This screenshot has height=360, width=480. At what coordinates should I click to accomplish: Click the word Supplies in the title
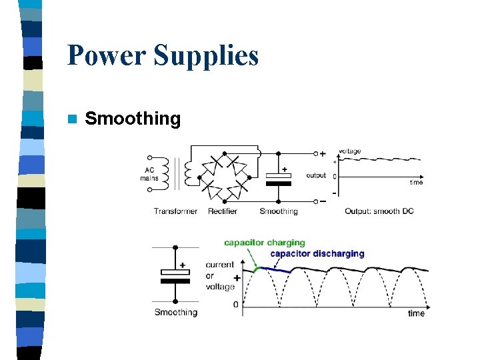coord(207,57)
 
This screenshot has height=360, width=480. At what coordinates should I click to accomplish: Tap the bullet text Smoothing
coord(133,119)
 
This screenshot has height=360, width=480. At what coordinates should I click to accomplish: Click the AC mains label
coord(149,174)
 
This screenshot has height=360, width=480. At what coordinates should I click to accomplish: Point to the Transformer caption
coord(175,211)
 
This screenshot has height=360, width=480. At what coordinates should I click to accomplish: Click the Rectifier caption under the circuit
coord(223,211)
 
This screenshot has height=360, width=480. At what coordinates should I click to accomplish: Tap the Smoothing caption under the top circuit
coord(279,211)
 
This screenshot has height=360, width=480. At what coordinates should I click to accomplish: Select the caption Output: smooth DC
coord(379,211)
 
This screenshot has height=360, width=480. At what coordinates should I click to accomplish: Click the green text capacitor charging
coord(264,243)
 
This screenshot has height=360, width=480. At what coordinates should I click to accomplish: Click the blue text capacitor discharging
coord(317,253)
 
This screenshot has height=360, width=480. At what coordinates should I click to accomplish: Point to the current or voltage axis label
coord(219,275)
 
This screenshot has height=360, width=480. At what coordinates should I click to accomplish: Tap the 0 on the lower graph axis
coord(235,305)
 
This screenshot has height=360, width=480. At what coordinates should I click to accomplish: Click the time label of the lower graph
coord(416,313)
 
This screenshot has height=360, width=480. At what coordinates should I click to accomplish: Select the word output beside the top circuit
coord(316,175)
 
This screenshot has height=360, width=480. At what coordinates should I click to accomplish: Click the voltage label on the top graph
coord(349,151)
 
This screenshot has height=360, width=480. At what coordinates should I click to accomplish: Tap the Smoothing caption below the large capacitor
coord(176,312)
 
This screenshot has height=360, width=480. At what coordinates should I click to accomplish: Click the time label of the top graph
coord(416,182)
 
